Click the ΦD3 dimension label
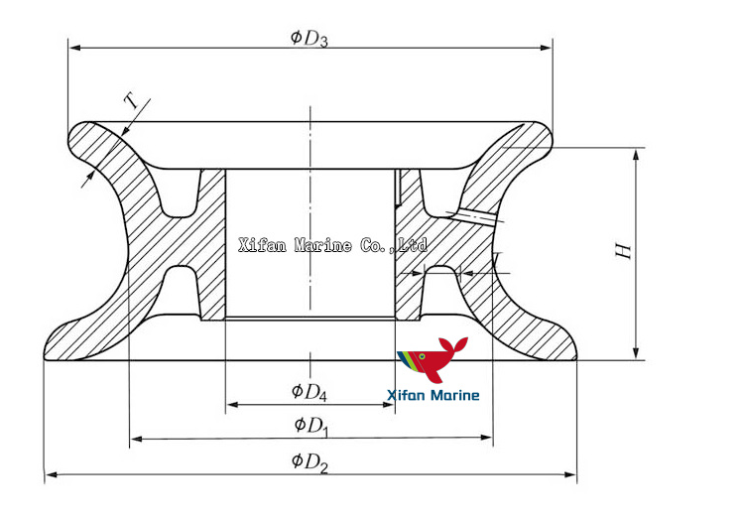click(x=309, y=38)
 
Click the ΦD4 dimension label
click(x=309, y=392)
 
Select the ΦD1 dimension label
click(x=310, y=426)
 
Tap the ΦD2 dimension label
click(x=309, y=461)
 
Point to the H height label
click(x=623, y=250)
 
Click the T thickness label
click(x=130, y=100)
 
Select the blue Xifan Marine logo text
click(x=433, y=396)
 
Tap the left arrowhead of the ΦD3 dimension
click(x=73, y=48)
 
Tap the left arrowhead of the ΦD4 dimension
click(x=232, y=405)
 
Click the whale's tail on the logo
click(x=456, y=343)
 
